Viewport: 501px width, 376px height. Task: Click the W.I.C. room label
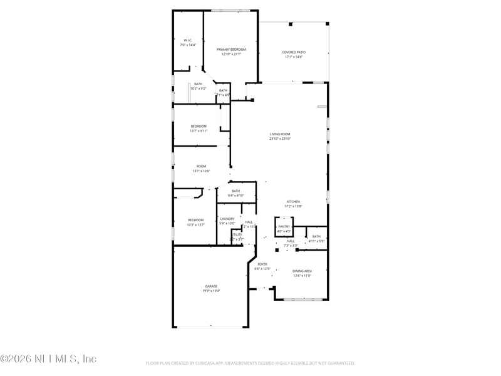point(187,40)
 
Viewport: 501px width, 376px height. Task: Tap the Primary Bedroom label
point(231,49)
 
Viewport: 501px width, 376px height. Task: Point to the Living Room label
point(280,133)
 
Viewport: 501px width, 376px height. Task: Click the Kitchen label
point(294,201)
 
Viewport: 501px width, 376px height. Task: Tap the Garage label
point(211,286)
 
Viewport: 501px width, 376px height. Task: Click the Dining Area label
point(302,271)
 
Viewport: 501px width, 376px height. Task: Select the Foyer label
point(262,264)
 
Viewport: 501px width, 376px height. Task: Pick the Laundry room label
point(227,219)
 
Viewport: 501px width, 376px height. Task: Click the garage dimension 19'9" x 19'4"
point(211,291)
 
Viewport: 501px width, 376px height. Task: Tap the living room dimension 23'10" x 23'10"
point(280,138)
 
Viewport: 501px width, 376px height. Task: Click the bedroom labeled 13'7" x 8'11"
point(199,126)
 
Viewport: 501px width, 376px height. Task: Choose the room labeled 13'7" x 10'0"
point(201,166)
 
